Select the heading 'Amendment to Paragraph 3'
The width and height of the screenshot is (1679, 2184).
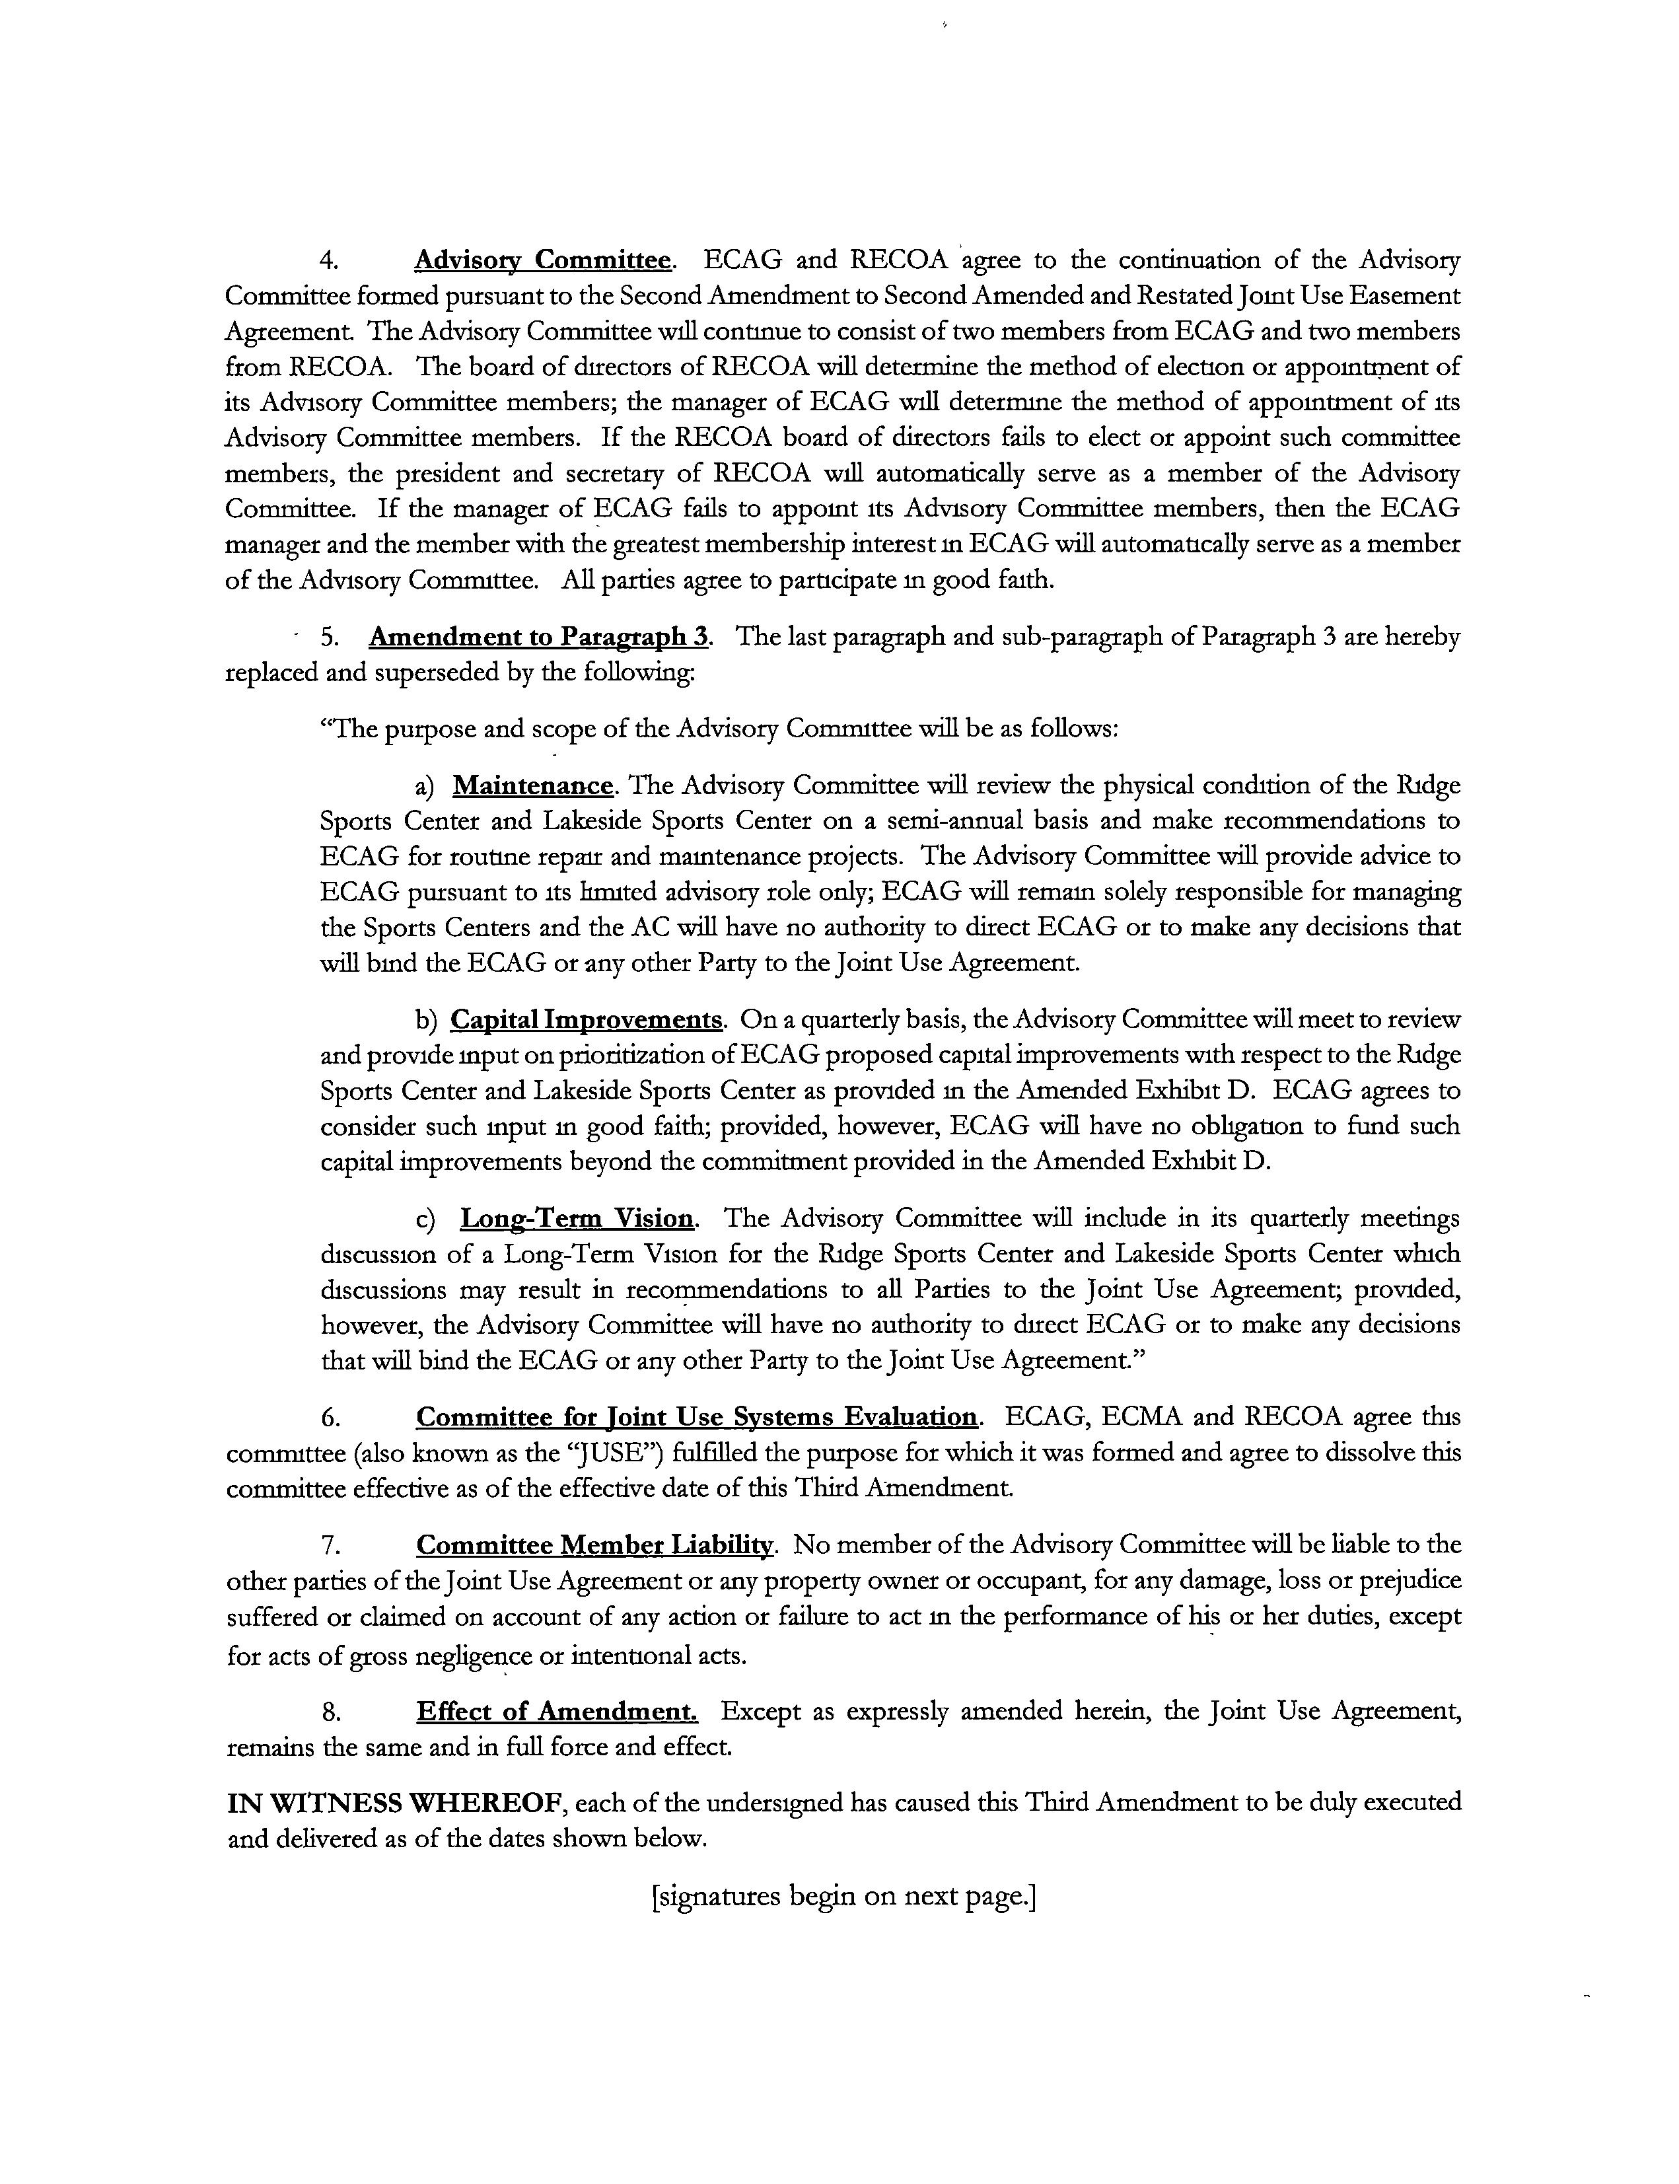coord(540,637)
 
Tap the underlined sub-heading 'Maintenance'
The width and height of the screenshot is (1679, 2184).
coord(532,785)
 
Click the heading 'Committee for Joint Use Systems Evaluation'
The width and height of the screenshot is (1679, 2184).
coord(697,1417)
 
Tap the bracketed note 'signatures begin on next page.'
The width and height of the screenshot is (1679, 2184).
coord(843,1896)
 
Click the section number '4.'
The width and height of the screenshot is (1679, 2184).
coord(330,262)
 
